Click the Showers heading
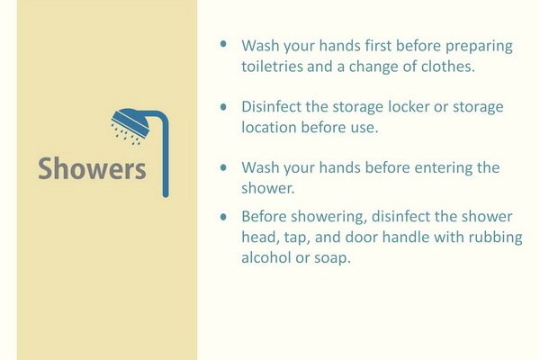click(92, 168)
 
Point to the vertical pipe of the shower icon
click(166, 157)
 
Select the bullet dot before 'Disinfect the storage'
click(223, 107)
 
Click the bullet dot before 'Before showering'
click(223, 217)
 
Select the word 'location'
click(268, 127)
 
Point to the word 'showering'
click(328, 217)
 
